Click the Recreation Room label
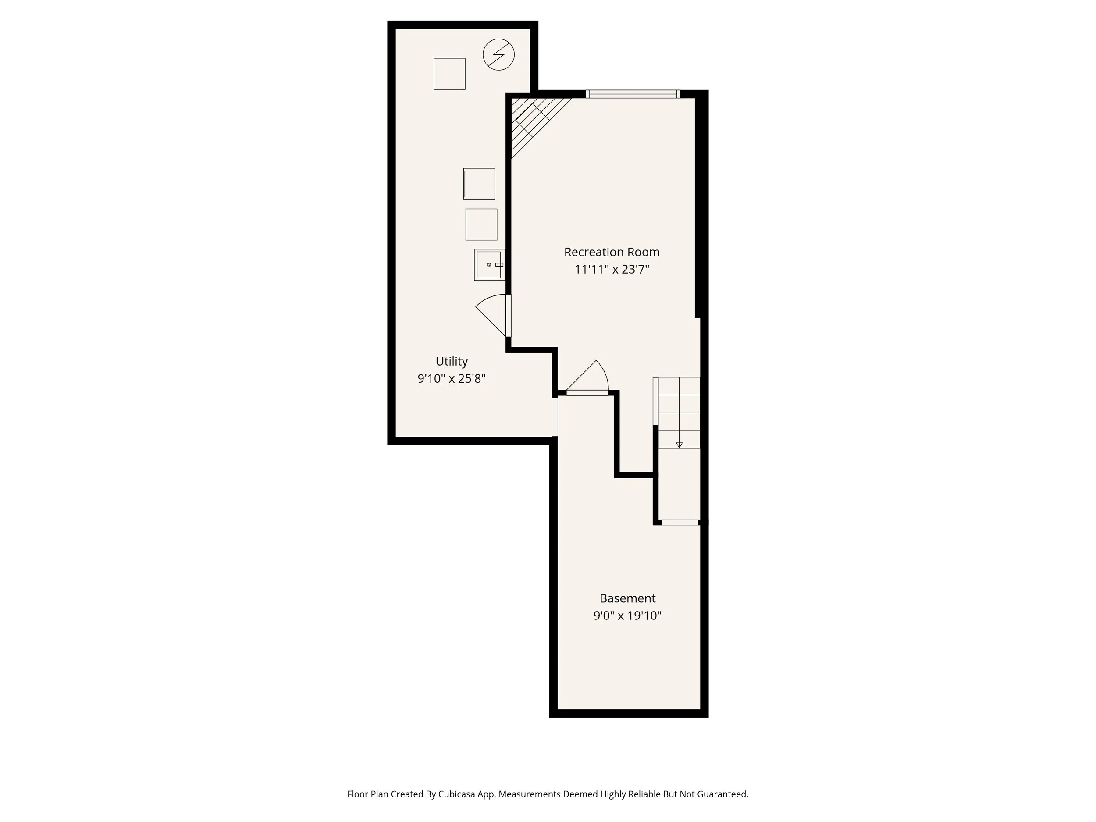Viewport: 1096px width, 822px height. pos(612,252)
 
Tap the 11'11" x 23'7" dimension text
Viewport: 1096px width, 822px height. pos(612,270)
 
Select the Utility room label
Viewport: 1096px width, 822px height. pos(452,361)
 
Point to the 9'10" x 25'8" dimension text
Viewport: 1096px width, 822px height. pos(452,378)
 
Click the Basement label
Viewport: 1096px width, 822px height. pos(627,598)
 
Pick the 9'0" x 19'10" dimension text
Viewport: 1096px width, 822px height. pos(627,616)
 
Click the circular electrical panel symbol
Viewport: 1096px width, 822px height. pos(498,54)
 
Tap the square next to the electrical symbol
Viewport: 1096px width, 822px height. pos(449,74)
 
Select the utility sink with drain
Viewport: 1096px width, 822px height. pos(489,265)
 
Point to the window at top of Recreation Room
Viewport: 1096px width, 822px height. pos(633,94)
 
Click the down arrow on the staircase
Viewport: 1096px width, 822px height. pos(680,445)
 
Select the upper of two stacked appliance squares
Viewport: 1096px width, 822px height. pos(479,184)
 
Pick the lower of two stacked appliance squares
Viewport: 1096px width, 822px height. pos(481,224)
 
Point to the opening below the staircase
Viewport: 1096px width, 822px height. pos(680,522)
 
